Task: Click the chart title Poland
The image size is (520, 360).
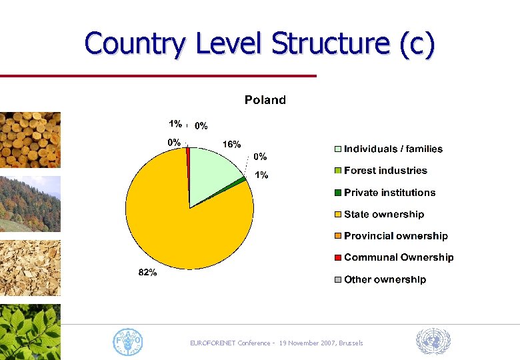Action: point(265,100)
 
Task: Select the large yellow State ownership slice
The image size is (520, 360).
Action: point(173,227)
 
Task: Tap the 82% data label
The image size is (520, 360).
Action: point(147,273)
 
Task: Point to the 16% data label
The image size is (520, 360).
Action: point(231,144)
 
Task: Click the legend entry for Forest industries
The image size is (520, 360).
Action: point(385,171)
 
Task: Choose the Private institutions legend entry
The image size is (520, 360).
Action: point(389,193)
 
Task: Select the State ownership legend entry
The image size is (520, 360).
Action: point(383,215)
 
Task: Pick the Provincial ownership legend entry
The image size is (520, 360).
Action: point(395,236)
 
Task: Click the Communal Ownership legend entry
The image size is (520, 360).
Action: point(399,257)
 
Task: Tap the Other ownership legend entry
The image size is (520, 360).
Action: point(385,279)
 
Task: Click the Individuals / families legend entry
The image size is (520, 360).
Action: point(393,149)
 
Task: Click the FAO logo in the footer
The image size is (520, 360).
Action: point(127,342)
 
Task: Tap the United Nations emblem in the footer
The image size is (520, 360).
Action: point(433,342)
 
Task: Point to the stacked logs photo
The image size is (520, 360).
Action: point(30,139)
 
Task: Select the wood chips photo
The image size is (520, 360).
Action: point(30,267)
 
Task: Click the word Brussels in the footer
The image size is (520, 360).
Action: point(351,343)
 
